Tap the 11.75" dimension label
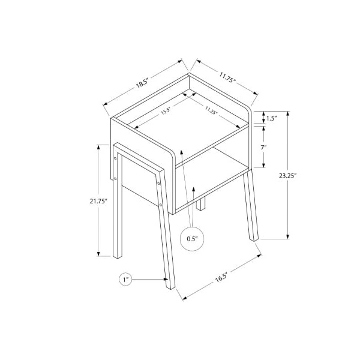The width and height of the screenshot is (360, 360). click(228, 77)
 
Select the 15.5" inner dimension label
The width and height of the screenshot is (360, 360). click(166, 111)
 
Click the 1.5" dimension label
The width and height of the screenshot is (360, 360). click(272, 118)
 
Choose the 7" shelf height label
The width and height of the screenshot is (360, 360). click(263, 147)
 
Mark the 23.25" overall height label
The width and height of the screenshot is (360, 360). click(288, 176)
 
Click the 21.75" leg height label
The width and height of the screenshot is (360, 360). click(99, 202)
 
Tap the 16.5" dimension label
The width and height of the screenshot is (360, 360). click(221, 277)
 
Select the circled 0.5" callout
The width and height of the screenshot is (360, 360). click(192, 239)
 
